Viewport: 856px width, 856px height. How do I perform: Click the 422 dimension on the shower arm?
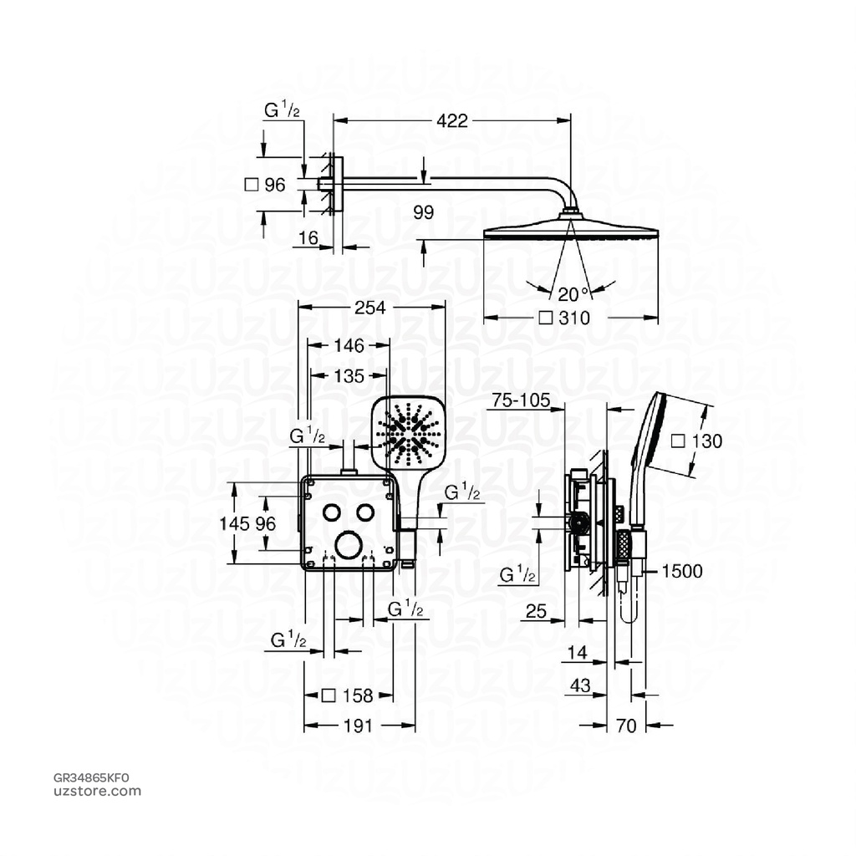451,121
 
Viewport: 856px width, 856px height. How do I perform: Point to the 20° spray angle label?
573,293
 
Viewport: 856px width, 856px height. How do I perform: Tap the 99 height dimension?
424,213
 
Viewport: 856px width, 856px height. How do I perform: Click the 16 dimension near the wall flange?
308,238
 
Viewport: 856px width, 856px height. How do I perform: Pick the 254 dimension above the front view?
370,308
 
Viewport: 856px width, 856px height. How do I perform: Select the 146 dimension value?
349,345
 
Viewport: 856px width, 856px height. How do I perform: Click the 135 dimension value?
349,376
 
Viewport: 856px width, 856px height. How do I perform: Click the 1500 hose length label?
682,572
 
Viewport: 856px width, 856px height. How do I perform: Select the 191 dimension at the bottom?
358,726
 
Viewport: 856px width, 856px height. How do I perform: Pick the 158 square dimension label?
347,695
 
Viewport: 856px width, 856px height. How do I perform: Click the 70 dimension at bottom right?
626,726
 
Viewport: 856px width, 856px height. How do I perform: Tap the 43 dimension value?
579,685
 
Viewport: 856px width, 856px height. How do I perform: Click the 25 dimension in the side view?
537,613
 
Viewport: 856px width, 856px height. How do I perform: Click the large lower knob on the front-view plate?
347,545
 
